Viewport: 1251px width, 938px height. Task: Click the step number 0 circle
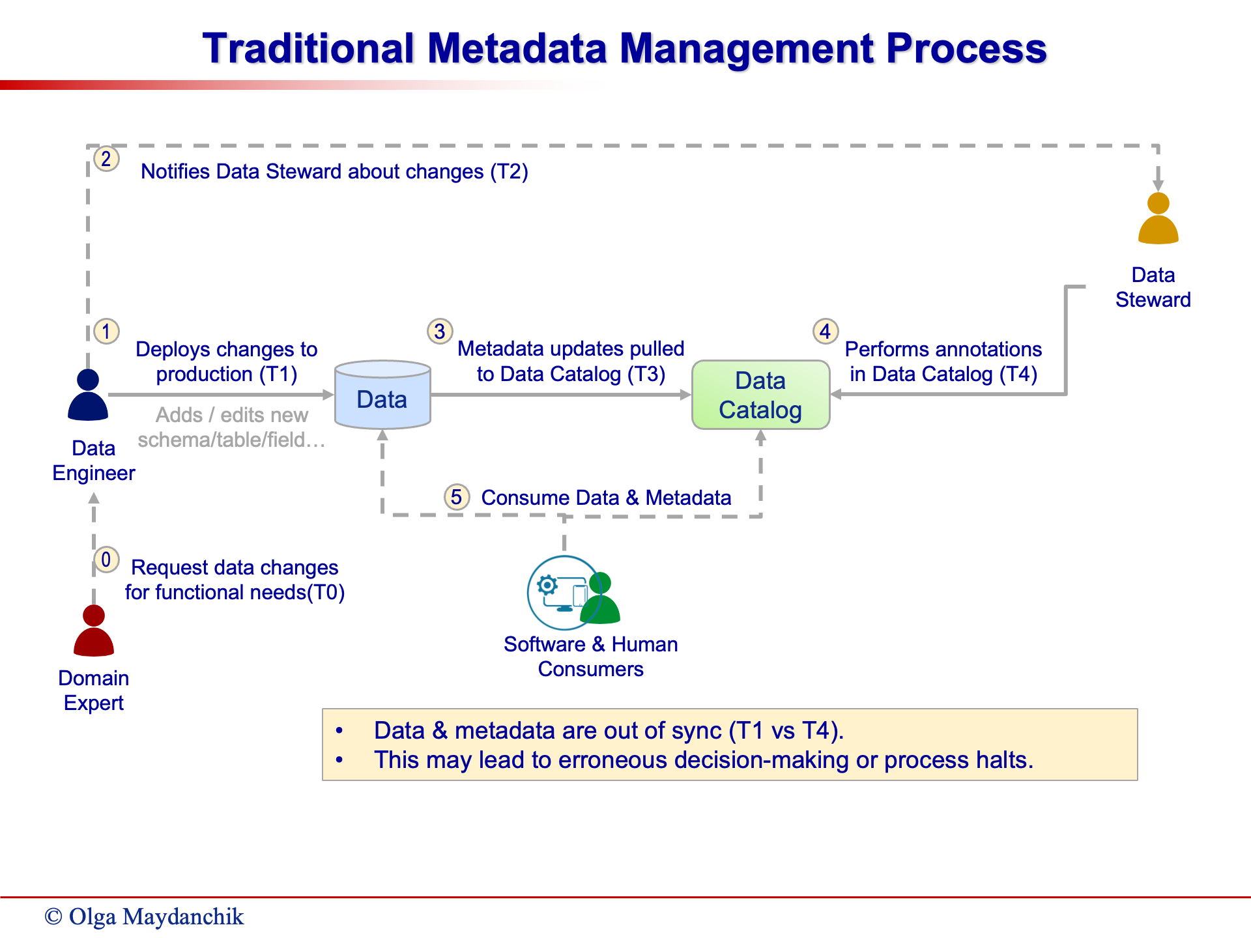pos(106,560)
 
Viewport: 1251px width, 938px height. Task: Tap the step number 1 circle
pos(106,331)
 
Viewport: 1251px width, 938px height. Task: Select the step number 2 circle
pos(106,158)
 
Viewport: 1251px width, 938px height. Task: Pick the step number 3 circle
pos(440,331)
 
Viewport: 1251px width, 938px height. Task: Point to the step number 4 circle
pos(826,331)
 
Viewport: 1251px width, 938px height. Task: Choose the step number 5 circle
pos(457,497)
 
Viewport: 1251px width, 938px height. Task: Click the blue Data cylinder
pos(382,395)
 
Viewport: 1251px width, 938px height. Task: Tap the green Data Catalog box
pos(760,395)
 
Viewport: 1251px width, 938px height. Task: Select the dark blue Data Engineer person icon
pos(88,395)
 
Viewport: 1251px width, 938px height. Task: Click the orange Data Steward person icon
pos(1158,218)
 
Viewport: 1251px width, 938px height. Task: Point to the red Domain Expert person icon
pos(94,631)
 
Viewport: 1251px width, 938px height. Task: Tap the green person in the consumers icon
pos(600,598)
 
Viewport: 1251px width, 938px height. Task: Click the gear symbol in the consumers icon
pos(547,585)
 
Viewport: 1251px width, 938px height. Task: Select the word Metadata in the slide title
pos(517,48)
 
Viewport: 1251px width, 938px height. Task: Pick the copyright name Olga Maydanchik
pos(156,917)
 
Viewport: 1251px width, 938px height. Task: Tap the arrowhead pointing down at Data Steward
pos(1158,186)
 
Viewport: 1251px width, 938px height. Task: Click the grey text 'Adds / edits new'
pos(232,415)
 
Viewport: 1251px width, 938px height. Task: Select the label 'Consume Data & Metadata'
pos(606,498)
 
